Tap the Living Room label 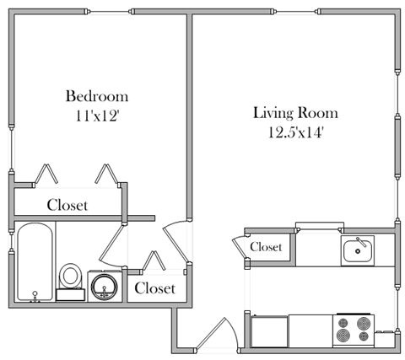click(x=295, y=113)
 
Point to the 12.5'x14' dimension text click(x=295, y=132)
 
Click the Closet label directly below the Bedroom click(x=67, y=205)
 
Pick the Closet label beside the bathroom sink click(x=155, y=288)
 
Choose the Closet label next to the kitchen click(x=266, y=247)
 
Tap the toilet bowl click(x=71, y=275)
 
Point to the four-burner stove click(x=353, y=330)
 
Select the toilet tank click(x=71, y=294)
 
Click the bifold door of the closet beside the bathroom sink click(x=156, y=261)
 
